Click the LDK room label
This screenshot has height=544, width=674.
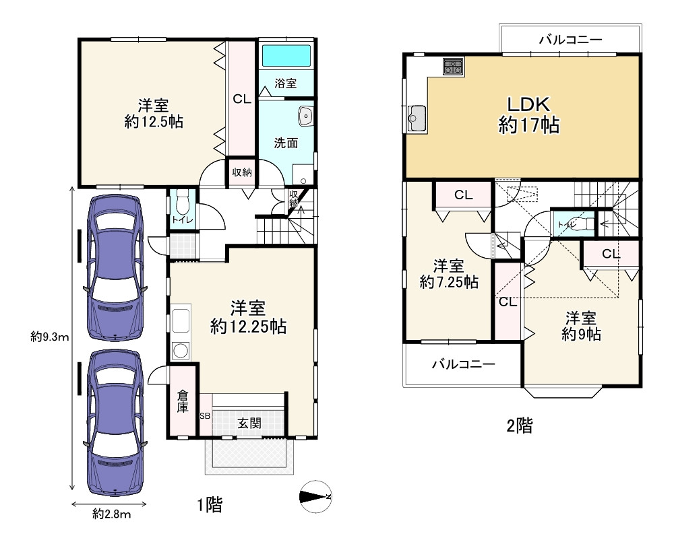528,104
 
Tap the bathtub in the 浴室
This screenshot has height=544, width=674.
286,56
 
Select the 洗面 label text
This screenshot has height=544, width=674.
286,143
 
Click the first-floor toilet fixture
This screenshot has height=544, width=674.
183,203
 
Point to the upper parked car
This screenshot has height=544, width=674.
115,267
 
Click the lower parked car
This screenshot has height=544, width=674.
115,422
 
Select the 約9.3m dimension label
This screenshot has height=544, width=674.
50,337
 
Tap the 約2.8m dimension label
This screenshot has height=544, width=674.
111,514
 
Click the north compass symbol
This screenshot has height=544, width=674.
315,497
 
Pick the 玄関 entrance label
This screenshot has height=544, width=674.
249,423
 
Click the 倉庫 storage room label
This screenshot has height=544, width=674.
183,401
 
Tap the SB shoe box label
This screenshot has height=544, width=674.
205,416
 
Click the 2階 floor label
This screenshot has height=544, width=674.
520,426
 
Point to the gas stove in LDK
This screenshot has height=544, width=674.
454,66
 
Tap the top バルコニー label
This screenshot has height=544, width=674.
572,40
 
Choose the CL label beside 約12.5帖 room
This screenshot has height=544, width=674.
242,99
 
